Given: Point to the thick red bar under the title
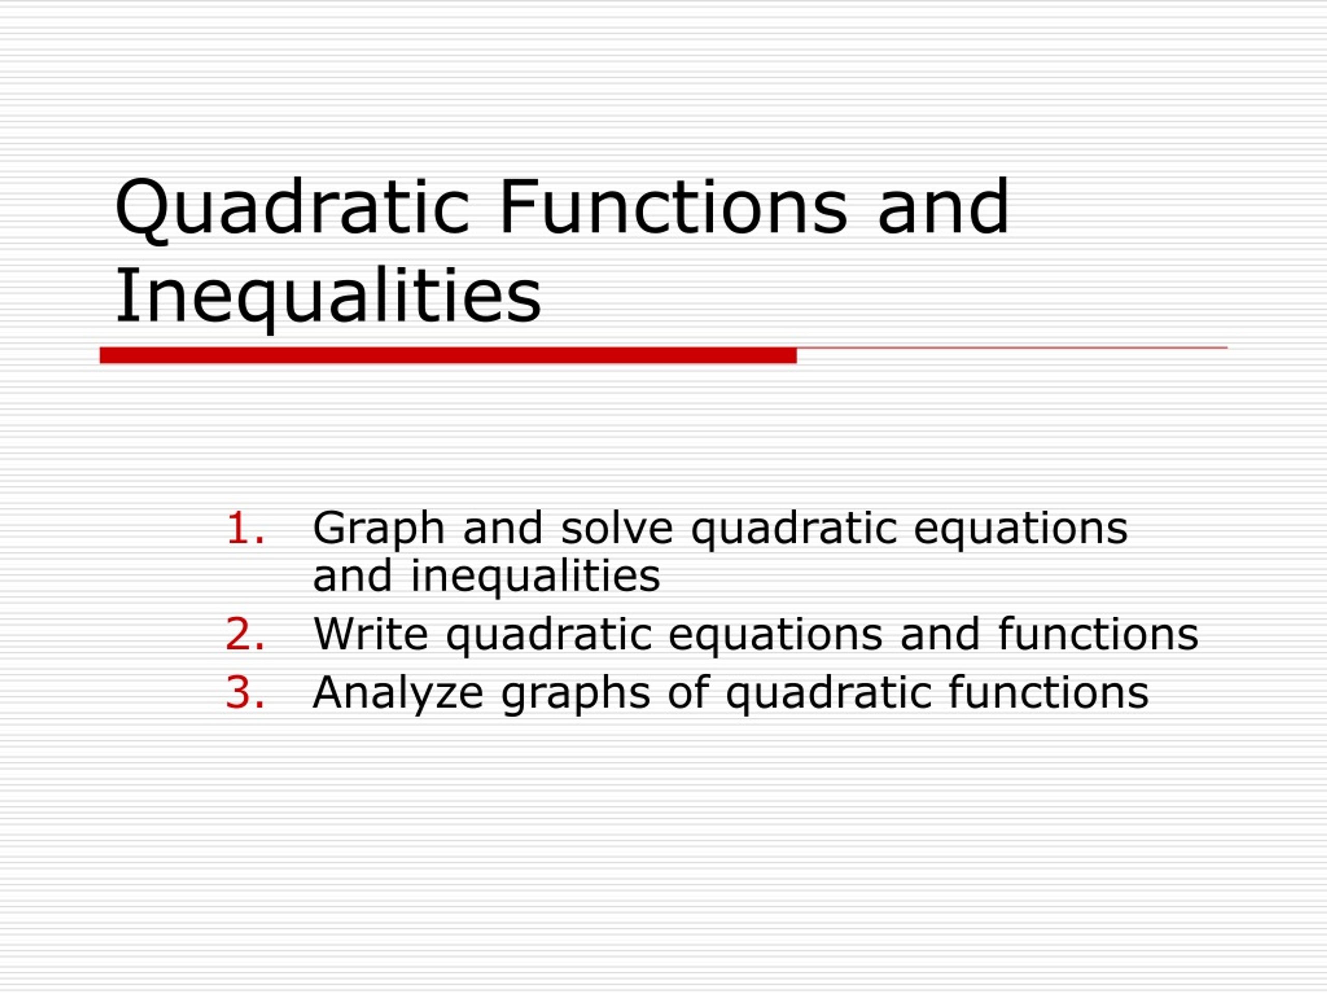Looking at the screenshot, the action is click(448, 355).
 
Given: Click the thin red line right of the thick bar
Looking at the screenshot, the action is click(1012, 348).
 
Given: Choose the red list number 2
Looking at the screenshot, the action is click(245, 633).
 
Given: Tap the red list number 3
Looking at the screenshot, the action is click(245, 692).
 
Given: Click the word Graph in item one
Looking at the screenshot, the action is click(378, 529).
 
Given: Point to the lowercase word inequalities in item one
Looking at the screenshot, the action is click(535, 576).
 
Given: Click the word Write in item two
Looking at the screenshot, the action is click(371, 633).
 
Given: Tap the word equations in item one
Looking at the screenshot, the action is click(1021, 530).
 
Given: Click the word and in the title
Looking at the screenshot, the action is click(943, 207).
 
